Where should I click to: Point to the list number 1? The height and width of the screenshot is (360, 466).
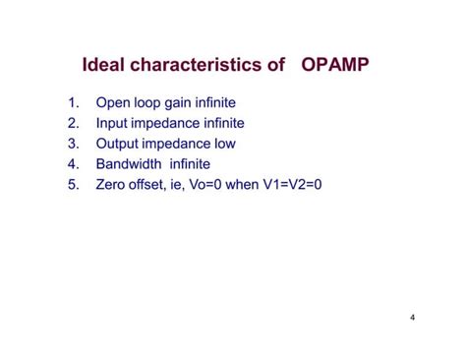click(x=73, y=102)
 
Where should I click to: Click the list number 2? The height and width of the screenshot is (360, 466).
click(x=73, y=123)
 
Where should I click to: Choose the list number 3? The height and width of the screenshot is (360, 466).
click(x=73, y=144)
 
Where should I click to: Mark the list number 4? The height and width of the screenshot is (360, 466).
click(x=73, y=164)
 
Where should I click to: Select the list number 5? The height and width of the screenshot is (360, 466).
click(x=73, y=185)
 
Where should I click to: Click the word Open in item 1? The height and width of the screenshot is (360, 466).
click(x=112, y=102)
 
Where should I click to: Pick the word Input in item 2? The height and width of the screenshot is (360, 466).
click(x=112, y=123)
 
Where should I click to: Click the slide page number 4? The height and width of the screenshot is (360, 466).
click(x=413, y=318)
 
